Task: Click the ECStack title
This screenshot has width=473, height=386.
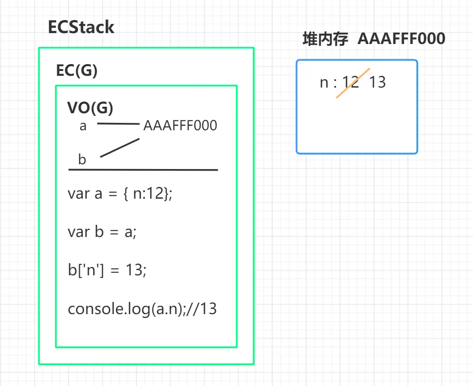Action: click(x=81, y=27)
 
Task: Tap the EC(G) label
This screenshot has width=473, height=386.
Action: click(x=77, y=71)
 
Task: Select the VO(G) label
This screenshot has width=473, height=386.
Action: click(x=90, y=108)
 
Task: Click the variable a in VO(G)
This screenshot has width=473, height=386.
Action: click(x=83, y=126)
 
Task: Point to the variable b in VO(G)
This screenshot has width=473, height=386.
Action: click(x=82, y=159)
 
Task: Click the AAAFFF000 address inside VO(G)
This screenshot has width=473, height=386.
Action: click(x=180, y=126)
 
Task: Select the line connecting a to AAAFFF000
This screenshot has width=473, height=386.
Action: click(x=118, y=124)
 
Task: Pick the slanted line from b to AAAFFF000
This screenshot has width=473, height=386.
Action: click(x=120, y=148)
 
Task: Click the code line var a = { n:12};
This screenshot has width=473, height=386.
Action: click(x=120, y=193)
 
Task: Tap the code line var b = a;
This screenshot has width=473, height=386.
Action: click(x=102, y=232)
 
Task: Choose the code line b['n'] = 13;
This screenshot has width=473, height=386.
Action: click(x=107, y=270)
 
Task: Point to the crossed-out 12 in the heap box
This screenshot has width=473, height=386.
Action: click(x=351, y=82)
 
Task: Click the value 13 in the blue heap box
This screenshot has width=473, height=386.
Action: click(x=377, y=82)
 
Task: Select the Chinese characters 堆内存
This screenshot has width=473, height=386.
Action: click(x=325, y=39)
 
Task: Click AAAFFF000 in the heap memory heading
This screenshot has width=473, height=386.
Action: click(x=401, y=39)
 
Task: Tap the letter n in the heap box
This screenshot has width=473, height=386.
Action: click(x=324, y=83)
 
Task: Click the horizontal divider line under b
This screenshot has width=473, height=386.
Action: click(x=143, y=169)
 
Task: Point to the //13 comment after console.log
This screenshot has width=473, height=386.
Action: click(x=203, y=309)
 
